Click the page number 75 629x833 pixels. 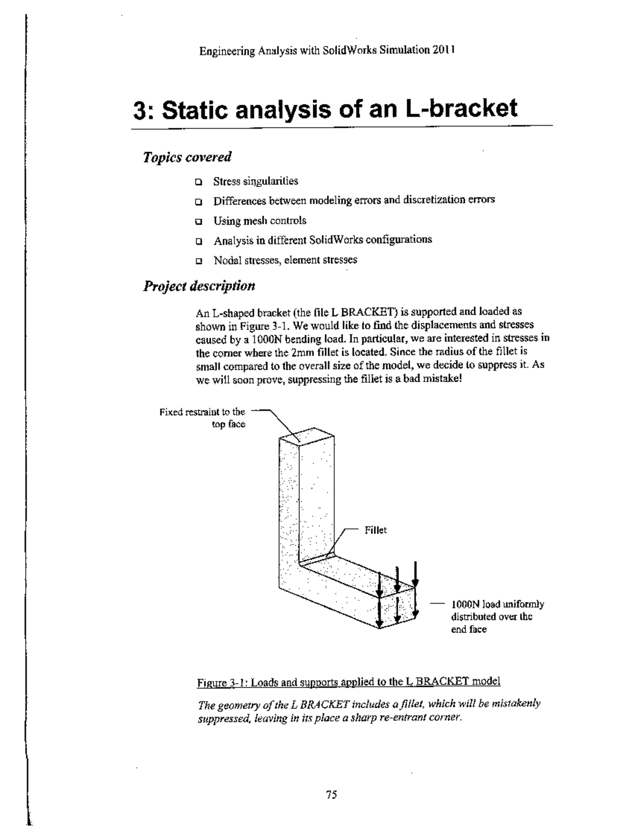(331, 795)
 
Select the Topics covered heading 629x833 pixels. (187, 157)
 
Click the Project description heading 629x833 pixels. (199, 286)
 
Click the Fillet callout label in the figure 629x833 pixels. (375, 530)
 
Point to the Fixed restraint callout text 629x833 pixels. (202, 418)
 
